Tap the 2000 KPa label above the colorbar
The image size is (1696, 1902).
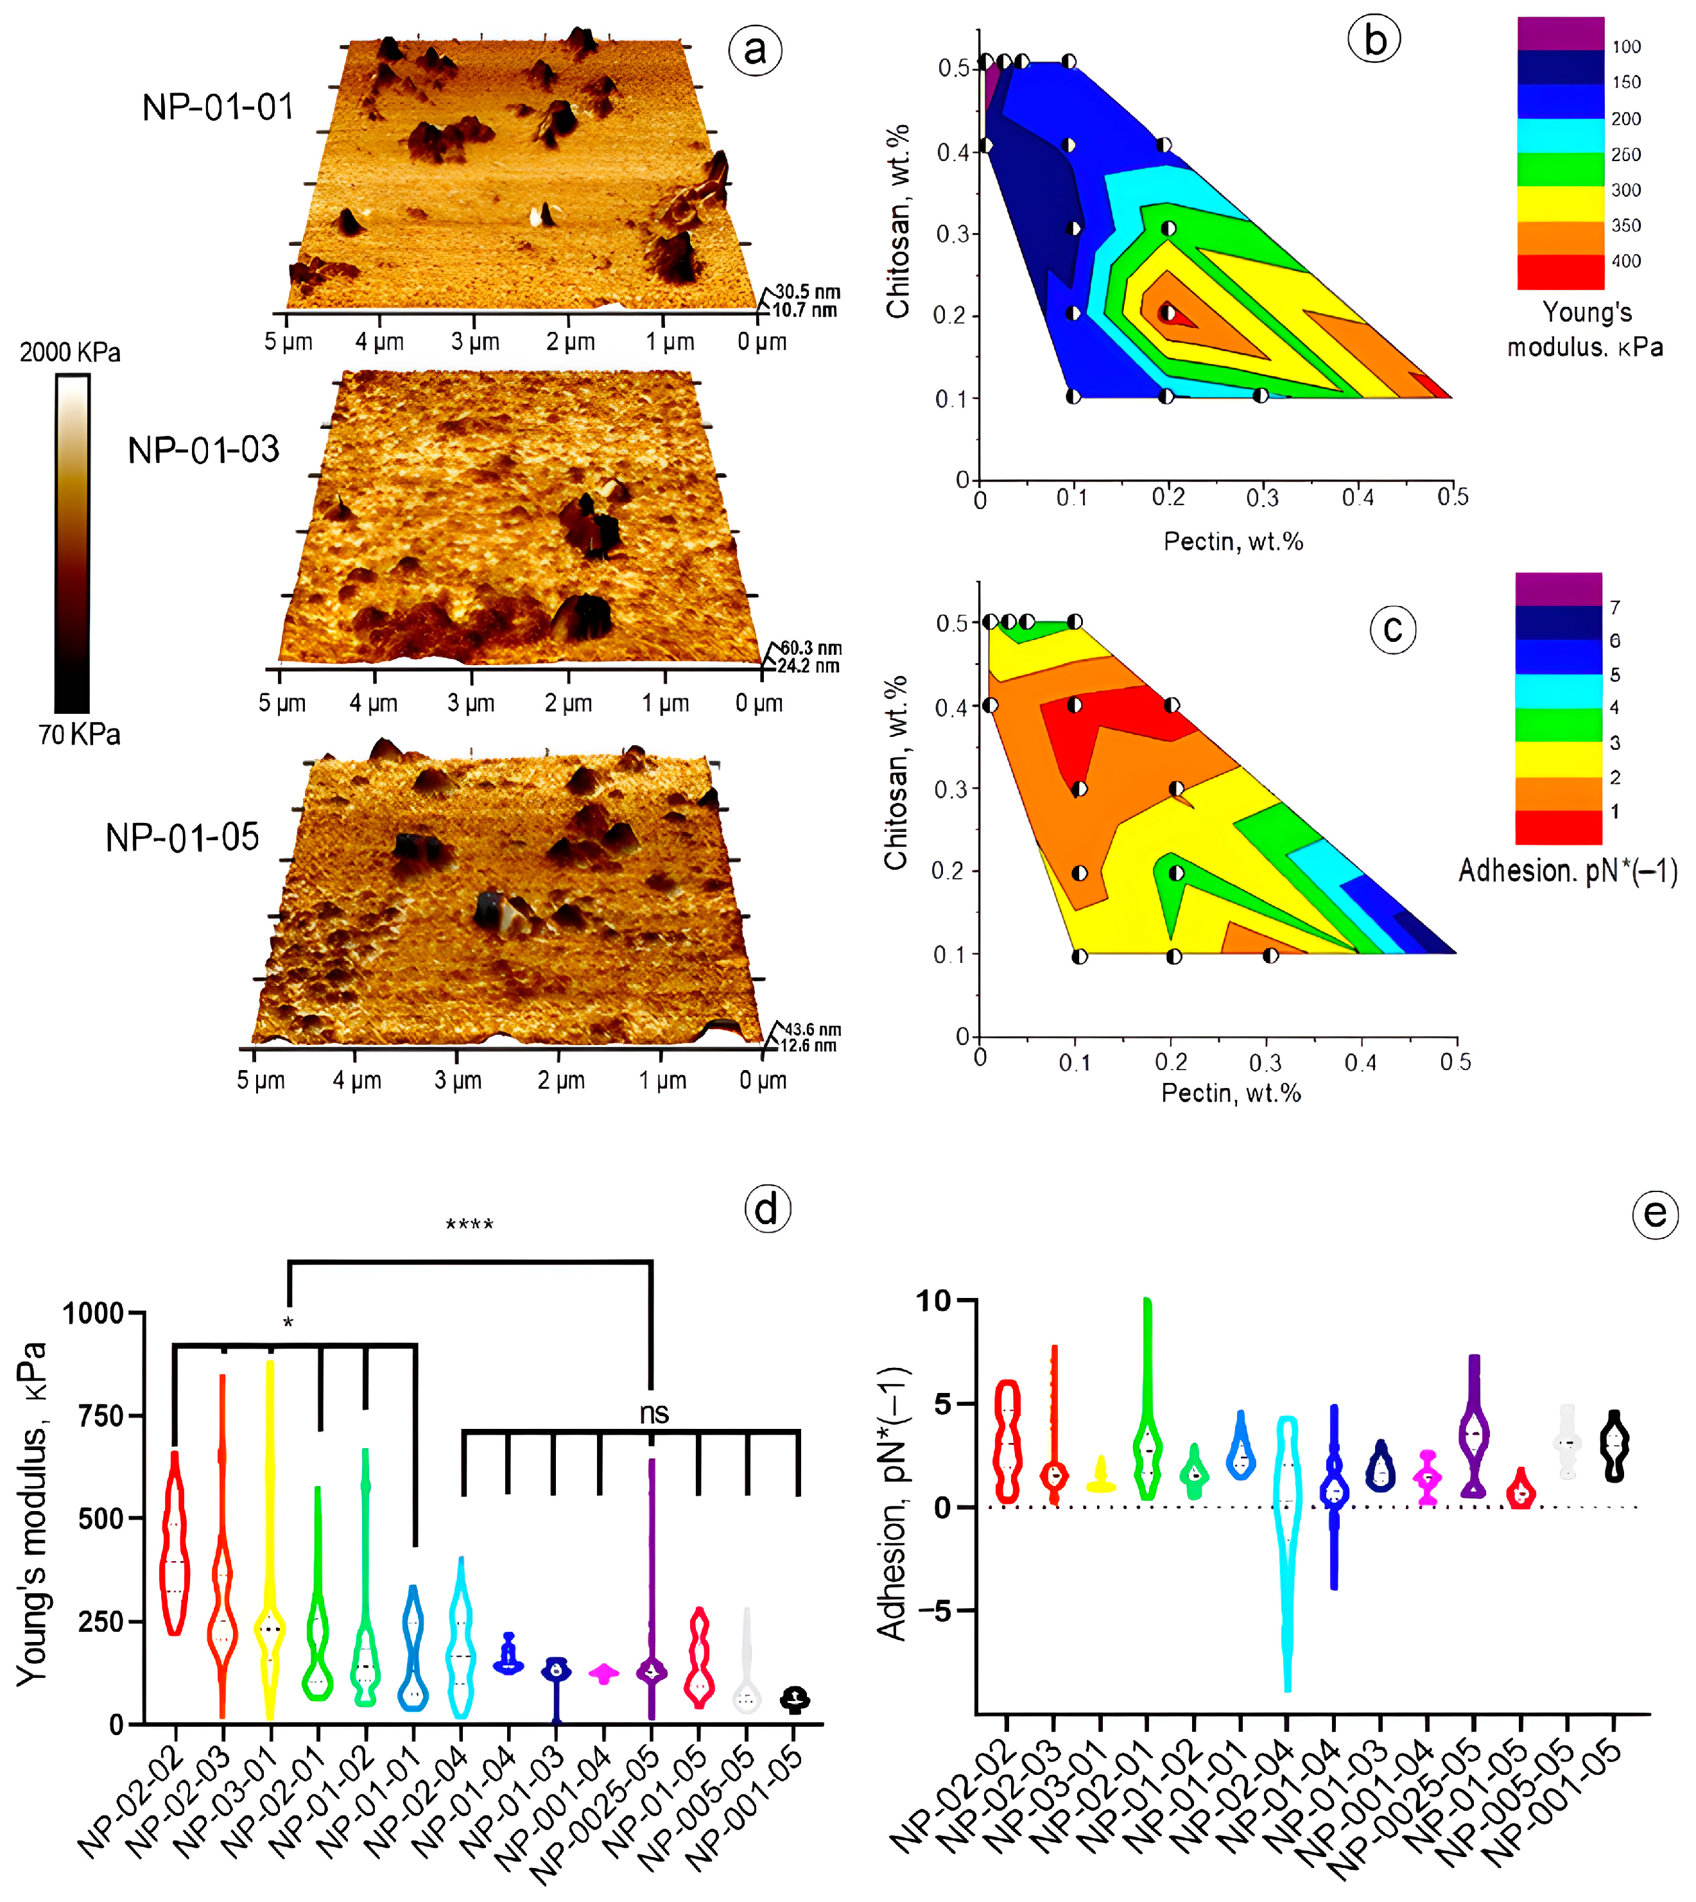click(x=70, y=352)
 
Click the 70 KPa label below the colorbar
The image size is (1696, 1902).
click(x=79, y=734)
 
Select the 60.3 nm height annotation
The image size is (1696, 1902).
click(x=811, y=647)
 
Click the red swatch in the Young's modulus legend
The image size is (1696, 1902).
click(x=1560, y=271)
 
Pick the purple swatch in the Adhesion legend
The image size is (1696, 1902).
click(x=1558, y=589)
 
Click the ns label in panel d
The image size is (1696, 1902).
click(x=653, y=1414)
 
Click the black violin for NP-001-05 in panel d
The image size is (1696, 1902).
click(x=794, y=1699)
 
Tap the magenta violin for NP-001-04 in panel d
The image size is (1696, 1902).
click(x=604, y=1675)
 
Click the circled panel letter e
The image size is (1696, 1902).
click(x=1655, y=1213)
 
